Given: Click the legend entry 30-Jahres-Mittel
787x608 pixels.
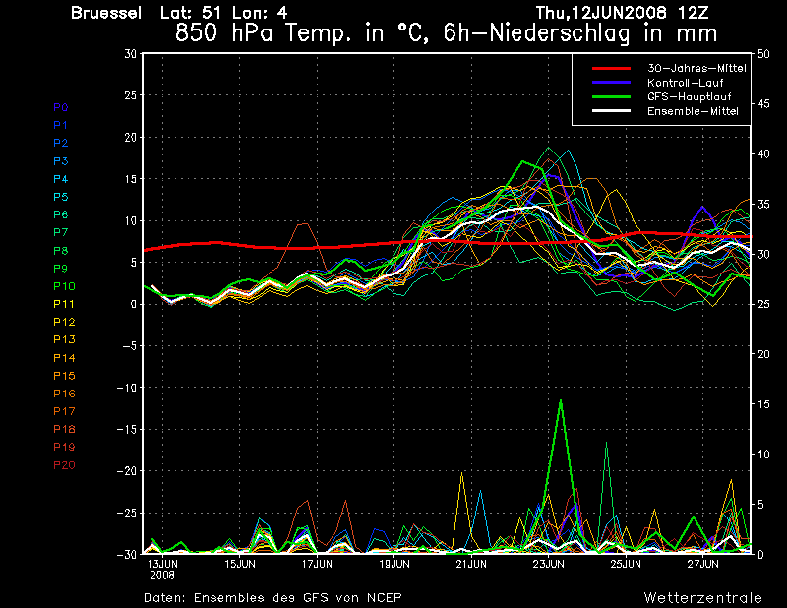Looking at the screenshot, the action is pyautogui.click(x=696, y=68).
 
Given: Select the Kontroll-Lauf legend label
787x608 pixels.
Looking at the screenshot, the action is pyautogui.click(x=685, y=83).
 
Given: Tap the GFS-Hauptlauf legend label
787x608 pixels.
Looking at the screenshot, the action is pyautogui.click(x=690, y=96).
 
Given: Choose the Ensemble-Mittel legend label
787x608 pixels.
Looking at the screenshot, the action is pyautogui.click(x=693, y=111).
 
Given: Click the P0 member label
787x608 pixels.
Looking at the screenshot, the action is pyautogui.click(x=61, y=107).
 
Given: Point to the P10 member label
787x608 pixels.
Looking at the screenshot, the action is pyautogui.click(x=64, y=286).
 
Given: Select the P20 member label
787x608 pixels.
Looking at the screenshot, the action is pyautogui.click(x=64, y=465).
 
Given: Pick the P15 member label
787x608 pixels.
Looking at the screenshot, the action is pyautogui.click(x=64, y=376).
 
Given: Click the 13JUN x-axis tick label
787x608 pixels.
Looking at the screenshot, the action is pyautogui.click(x=162, y=564).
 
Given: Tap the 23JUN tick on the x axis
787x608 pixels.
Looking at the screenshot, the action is pyautogui.click(x=549, y=564).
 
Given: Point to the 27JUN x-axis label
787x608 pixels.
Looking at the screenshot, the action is pyautogui.click(x=702, y=564).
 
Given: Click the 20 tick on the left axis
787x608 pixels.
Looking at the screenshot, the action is pyautogui.click(x=130, y=137).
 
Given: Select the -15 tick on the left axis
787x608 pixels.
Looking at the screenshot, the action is pyautogui.click(x=127, y=429).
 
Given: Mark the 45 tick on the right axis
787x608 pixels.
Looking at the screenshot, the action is pyautogui.click(x=763, y=104).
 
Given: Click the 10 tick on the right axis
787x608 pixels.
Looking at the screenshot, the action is pyautogui.click(x=763, y=455).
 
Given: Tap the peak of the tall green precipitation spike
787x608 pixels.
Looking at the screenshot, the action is pyautogui.click(x=561, y=400).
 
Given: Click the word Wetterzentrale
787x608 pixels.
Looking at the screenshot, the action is pyautogui.click(x=703, y=598).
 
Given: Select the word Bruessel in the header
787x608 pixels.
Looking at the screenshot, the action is pyautogui.click(x=106, y=13).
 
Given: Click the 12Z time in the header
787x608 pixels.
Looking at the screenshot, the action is pyautogui.click(x=693, y=13).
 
